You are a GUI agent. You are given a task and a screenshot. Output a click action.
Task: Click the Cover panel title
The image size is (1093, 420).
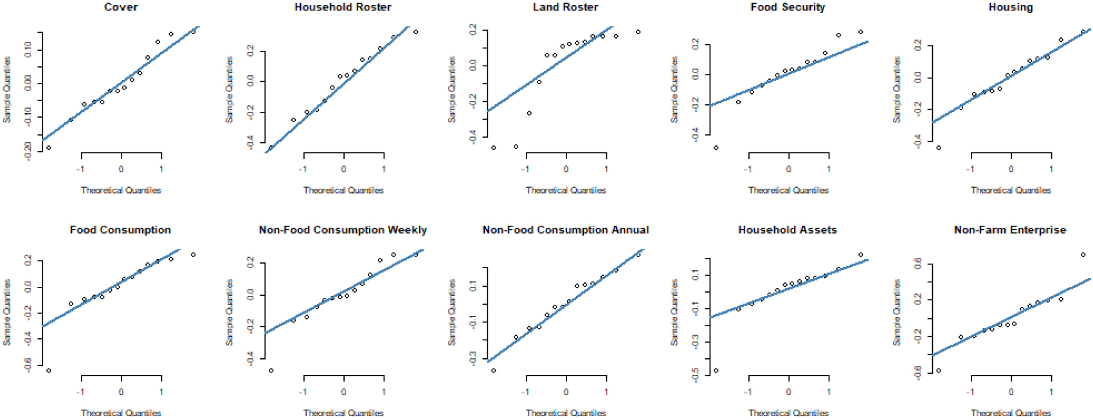(121, 7)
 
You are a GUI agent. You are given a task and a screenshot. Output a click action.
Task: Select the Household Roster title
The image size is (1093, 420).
(343, 7)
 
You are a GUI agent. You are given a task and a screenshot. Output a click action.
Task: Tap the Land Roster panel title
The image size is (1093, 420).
(566, 7)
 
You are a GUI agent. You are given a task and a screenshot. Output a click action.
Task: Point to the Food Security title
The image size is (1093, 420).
(788, 7)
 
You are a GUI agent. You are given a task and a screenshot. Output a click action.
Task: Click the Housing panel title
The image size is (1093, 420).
(1011, 7)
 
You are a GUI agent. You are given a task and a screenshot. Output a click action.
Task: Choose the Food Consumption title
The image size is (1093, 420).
(120, 230)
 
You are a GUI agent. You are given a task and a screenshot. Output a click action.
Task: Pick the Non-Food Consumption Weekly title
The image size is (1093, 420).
(343, 230)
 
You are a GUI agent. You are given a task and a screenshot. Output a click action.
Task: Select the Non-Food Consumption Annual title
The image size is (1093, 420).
(566, 230)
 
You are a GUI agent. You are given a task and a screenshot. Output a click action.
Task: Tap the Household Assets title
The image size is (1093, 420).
(788, 230)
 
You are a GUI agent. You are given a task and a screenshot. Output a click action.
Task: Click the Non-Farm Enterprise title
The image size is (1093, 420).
(1010, 230)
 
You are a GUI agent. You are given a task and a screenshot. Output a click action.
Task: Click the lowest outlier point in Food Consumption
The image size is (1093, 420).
(48, 370)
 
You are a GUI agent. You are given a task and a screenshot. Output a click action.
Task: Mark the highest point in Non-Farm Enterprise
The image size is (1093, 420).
(1083, 255)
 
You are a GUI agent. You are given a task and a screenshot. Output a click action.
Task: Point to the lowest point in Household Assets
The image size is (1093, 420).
(716, 370)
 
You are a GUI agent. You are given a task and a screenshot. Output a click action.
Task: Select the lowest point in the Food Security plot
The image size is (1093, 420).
(716, 147)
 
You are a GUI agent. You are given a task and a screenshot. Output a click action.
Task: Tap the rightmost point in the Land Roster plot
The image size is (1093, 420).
(638, 32)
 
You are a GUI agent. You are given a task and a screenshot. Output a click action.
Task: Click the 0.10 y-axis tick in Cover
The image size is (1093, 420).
(28, 50)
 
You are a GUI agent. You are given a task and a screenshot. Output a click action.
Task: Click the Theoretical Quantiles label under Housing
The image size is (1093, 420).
(1011, 190)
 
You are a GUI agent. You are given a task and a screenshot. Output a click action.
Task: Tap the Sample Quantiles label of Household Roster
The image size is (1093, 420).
(230, 90)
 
